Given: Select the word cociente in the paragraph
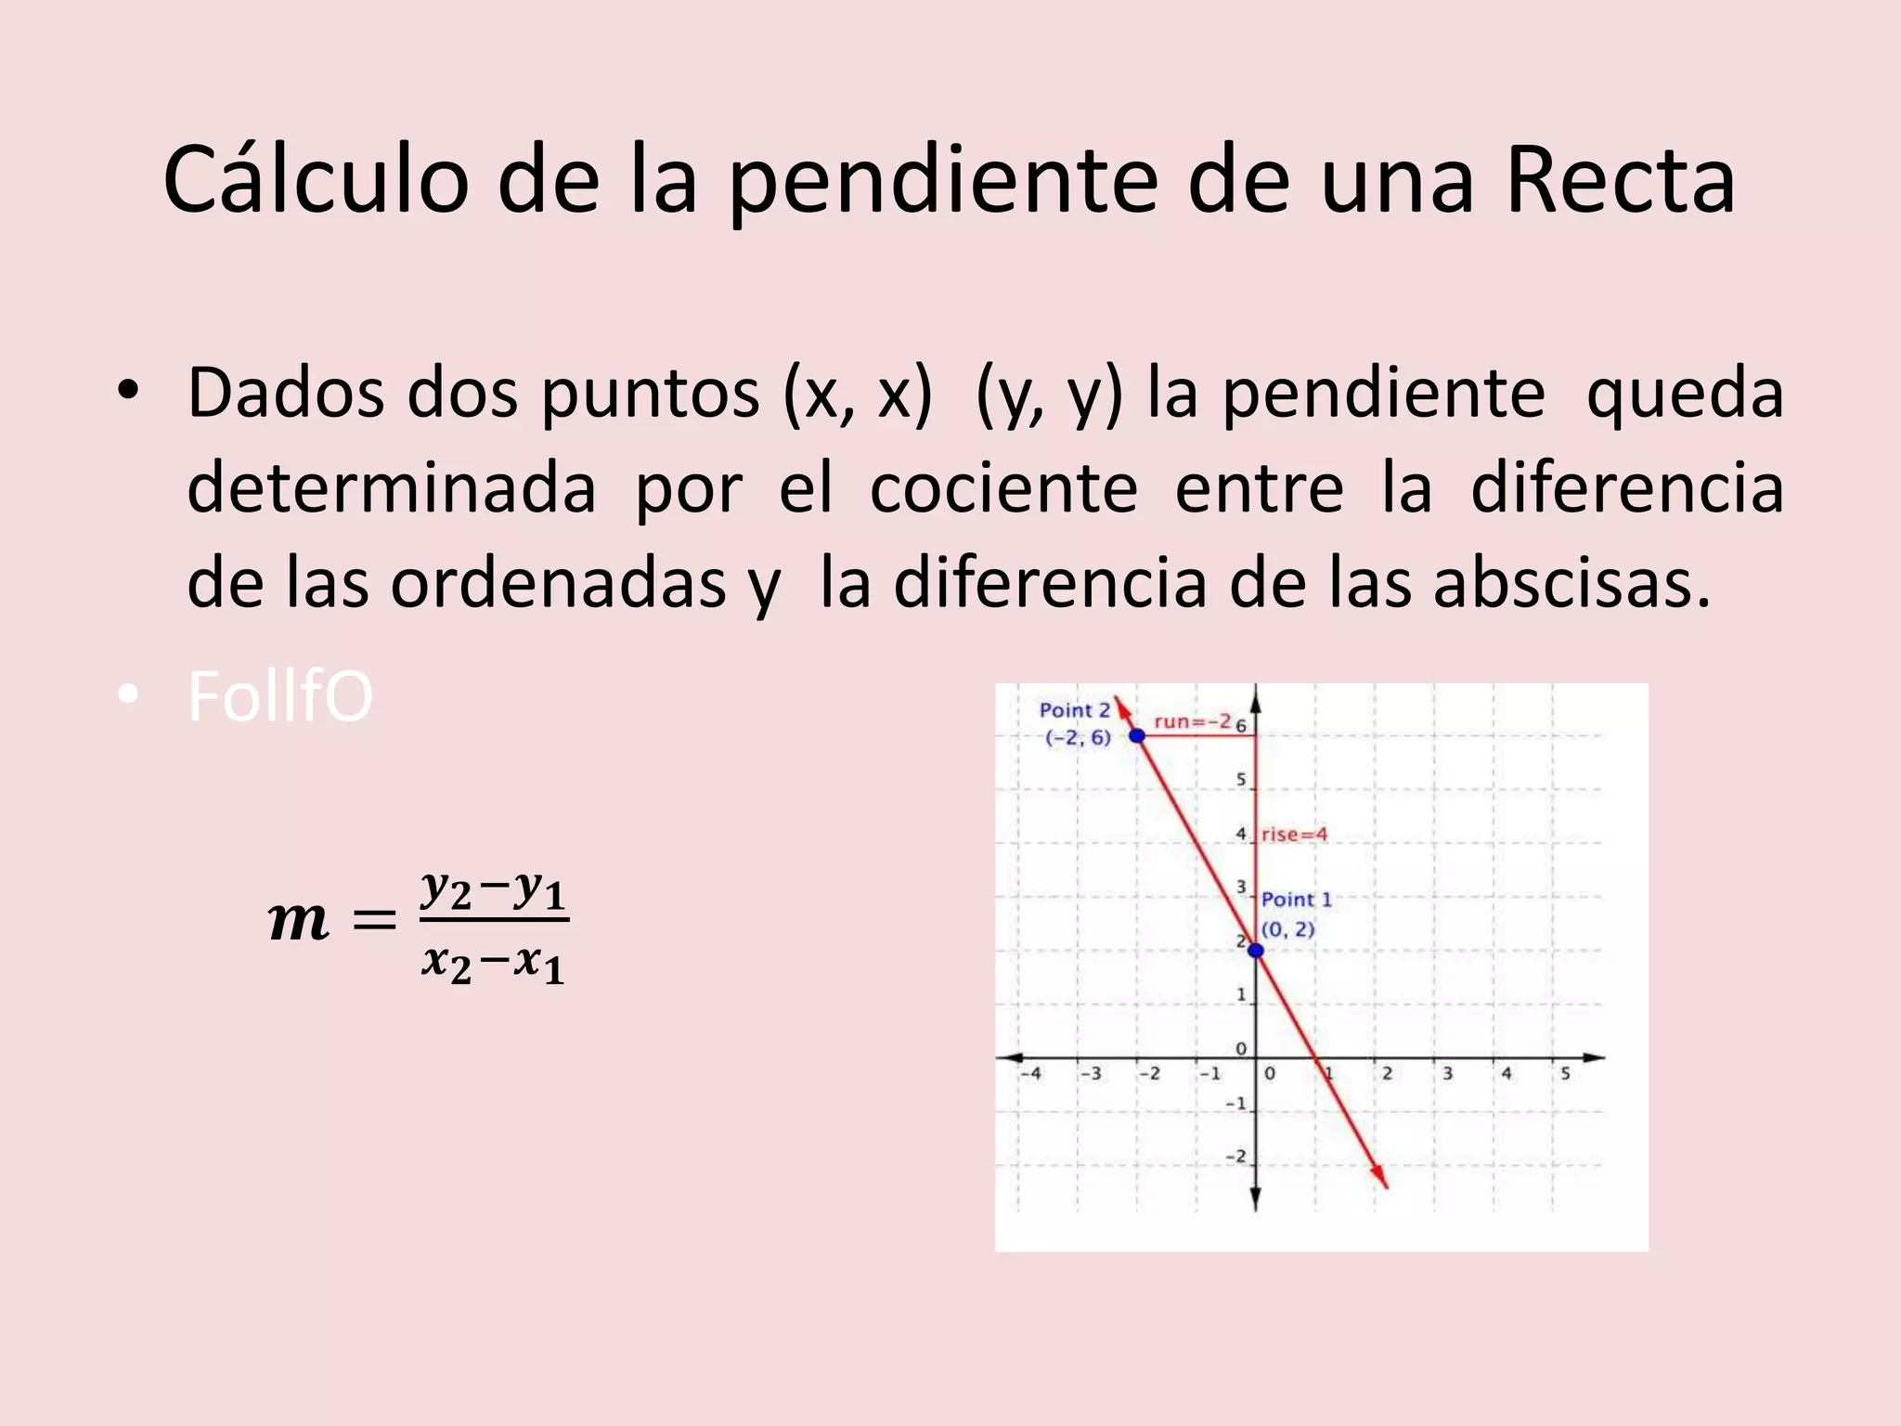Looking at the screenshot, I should pos(1003,489).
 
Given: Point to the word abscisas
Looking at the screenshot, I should pos(1571,584).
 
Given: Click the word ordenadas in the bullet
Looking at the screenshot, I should pos(557,584).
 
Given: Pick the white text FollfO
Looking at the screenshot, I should pos(280,697).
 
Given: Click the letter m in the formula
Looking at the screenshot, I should pos(298,922).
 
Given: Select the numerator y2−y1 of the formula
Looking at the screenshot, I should pos(493,889).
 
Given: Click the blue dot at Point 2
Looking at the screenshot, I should pos(1137,736).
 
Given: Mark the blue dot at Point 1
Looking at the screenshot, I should pos(1256,950).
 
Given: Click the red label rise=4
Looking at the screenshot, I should pos(1294,835).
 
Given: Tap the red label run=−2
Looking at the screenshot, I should pos(1192,721).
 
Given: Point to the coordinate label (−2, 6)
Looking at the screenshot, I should pos(1078,738).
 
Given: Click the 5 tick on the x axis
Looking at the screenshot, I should pos(1565,1073).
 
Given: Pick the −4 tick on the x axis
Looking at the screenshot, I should pos(1030,1073).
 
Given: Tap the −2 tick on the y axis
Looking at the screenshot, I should pos(1235,1157).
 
